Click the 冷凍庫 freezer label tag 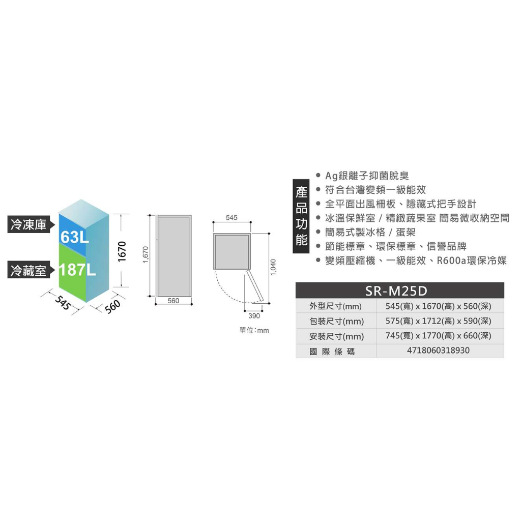click(31, 224)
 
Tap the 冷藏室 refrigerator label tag click(31, 270)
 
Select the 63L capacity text click(74, 237)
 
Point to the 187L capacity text click(77, 270)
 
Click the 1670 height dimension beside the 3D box click(122, 251)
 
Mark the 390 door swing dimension click(254, 315)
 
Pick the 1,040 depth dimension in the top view click(273, 268)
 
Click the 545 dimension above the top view click(231, 218)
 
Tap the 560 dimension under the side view click(173, 301)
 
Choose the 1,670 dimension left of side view click(146, 254)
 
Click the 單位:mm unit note click(254, 330)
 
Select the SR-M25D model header click(396, 291)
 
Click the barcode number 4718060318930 click(438, 351)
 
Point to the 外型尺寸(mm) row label click(335, 306)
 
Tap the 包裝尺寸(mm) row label click(337, 322)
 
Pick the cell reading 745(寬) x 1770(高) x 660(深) click(438, 336)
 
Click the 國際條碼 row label click(332, 352)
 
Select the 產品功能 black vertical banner click(301, 216)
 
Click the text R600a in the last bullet click(451, 260)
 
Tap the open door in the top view click(254, 286)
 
